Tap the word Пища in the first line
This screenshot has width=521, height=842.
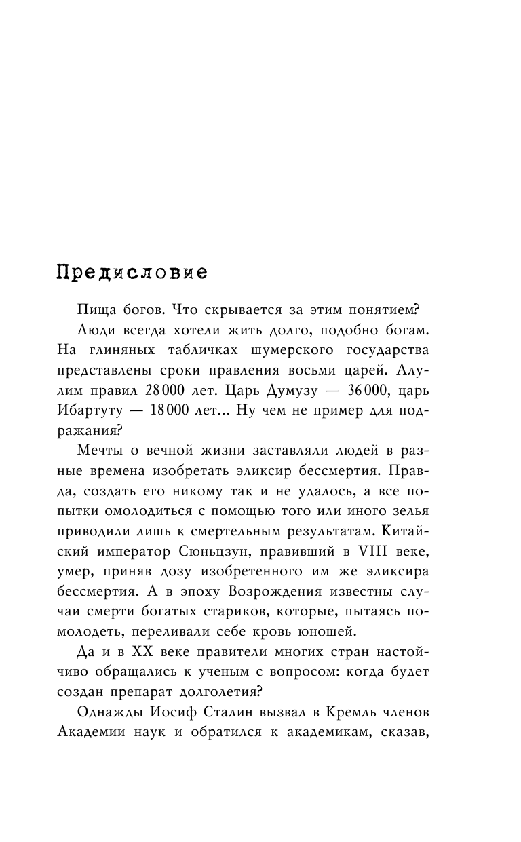coord(96,311)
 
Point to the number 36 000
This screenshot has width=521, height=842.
coord(372,393)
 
